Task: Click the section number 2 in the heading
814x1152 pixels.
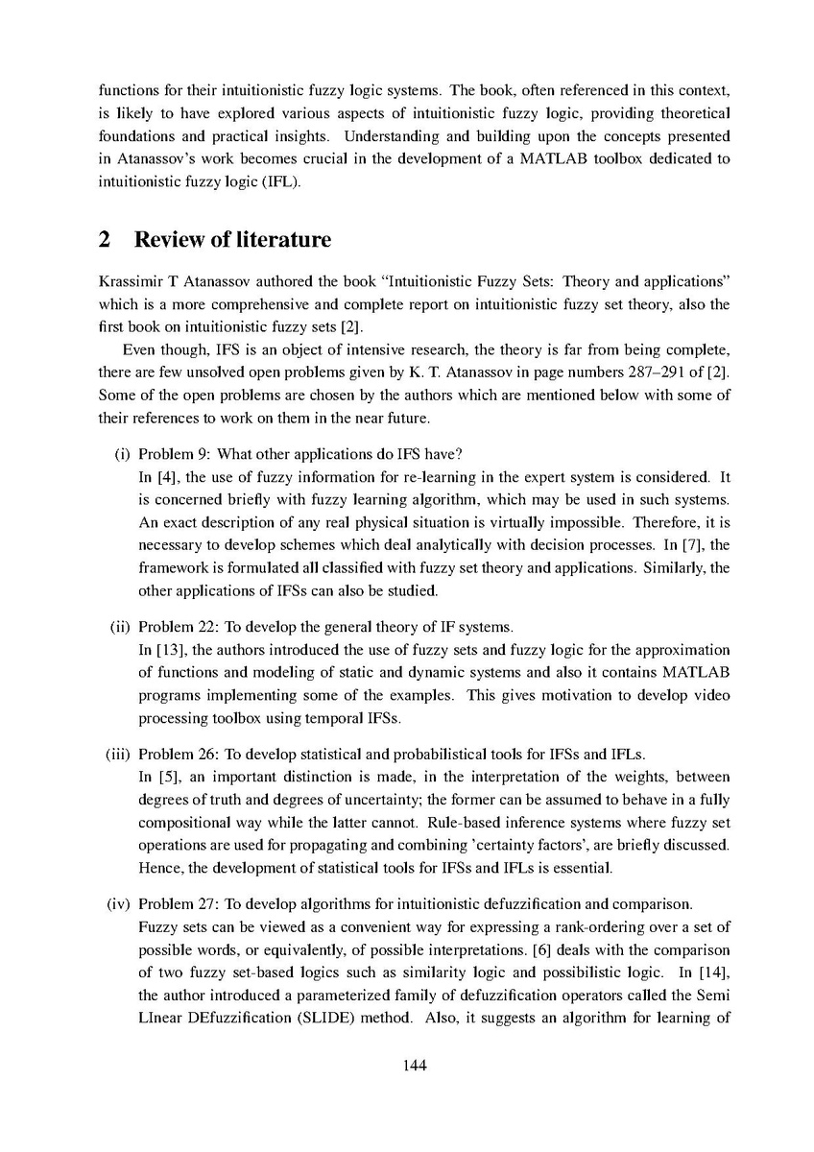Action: click(x=105, y=240)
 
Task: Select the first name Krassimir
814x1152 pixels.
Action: click(x=131, y=282)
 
